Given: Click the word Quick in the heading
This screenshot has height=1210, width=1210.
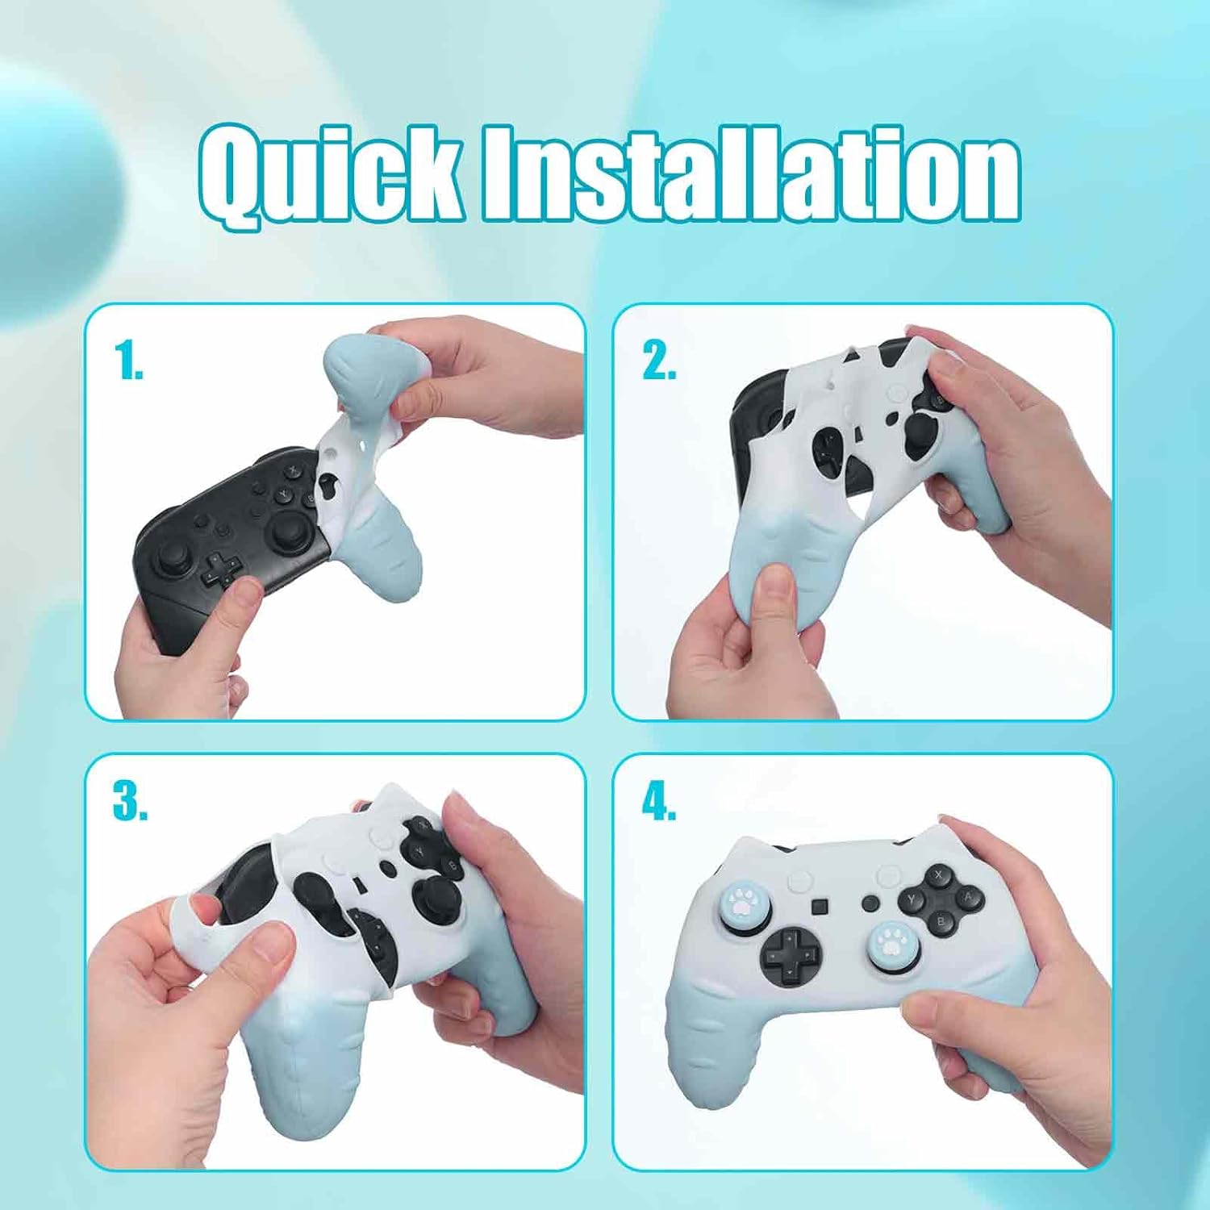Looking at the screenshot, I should click(x=331, y=173).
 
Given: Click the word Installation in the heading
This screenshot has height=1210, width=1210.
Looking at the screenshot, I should click(x=750, y=173).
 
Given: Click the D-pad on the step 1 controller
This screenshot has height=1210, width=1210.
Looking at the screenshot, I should click(x=216, y=570).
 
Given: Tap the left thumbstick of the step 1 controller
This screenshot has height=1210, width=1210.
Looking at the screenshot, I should click(x=173, y=557).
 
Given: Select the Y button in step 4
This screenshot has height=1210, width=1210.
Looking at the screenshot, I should click(x=912, y=899).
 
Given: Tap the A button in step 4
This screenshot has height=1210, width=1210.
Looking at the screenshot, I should click(x=967, y=897).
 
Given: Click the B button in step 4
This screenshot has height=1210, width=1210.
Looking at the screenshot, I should click(x=941, y=920).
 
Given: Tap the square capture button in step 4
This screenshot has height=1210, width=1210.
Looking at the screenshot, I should click(x=820, y=907).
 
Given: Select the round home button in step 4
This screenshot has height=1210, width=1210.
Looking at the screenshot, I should click(x=870, y=903).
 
